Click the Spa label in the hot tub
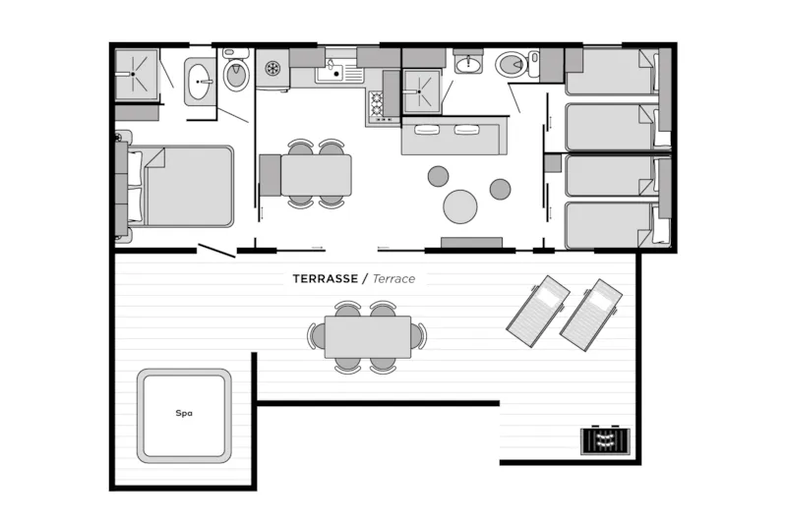coord(184,413)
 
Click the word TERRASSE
coord(326,279)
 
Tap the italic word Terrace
coord(394,279)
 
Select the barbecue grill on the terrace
coord(605,440)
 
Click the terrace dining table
coord(368,336)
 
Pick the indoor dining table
coord(316,175)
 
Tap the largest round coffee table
coord(459,206)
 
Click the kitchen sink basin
coord(329,74)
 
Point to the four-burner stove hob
coord(377,103)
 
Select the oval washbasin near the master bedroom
coord(200,82)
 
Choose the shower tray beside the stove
coord(422,91)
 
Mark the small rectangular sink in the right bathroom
coord(469,64)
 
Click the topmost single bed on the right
coord(613,72)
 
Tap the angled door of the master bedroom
coord(216,251)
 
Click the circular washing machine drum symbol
coord(272,68)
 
